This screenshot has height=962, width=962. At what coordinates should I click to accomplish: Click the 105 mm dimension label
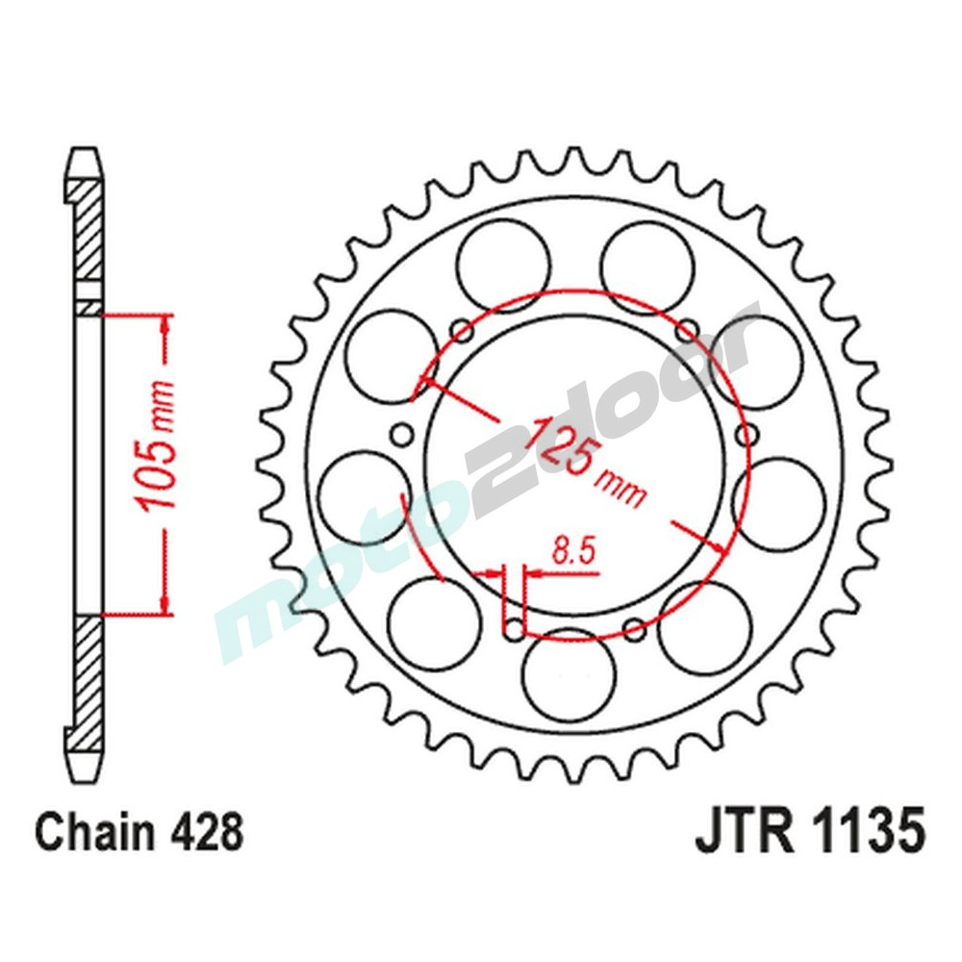pos(157,459)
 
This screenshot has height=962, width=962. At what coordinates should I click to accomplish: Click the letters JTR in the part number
pos(740,832)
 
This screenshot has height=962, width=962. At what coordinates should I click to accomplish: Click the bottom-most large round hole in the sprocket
pos(570,673)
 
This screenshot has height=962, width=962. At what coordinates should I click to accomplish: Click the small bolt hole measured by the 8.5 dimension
pos(516,631)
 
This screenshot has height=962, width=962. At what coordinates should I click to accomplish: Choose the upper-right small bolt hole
pos(687,332)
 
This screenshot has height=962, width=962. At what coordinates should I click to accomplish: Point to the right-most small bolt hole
pos(747,435)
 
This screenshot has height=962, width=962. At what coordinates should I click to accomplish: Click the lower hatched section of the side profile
pos(86,678)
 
